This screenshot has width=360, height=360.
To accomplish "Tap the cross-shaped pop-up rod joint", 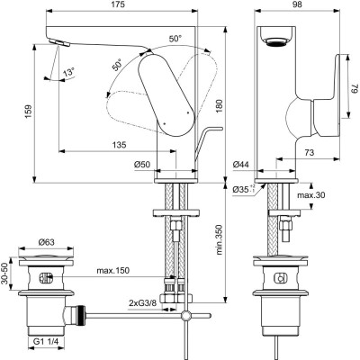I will click(x=186, y=316).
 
